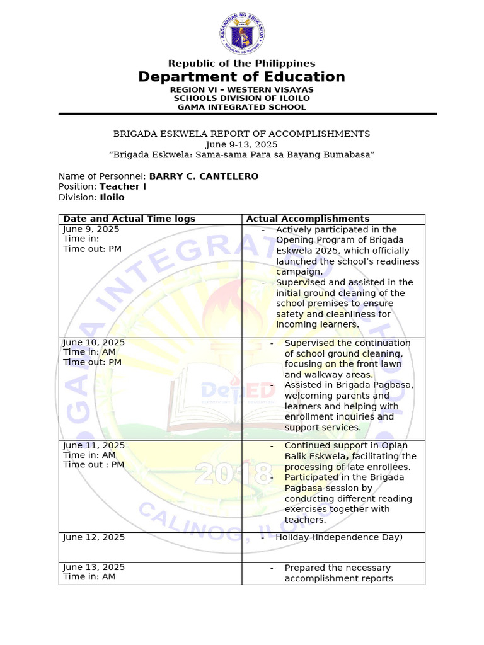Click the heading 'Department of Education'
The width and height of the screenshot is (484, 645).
(241, 77)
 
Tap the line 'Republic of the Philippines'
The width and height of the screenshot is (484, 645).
(241, 63)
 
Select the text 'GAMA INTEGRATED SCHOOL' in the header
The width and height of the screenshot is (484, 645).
(241, 107)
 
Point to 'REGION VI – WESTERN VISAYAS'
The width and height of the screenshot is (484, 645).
(241, 89)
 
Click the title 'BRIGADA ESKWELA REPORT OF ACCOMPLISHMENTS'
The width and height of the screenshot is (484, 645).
(241, 134)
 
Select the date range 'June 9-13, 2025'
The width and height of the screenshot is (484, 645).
(241, 144)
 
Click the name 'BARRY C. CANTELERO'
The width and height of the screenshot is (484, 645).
(204, 176)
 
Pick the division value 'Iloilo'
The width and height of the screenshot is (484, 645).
(112, 197)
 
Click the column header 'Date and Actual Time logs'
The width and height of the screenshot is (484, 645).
(129, 219)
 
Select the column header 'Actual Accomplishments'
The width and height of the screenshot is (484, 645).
(308, 219)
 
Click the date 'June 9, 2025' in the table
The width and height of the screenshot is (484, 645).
(91, 229)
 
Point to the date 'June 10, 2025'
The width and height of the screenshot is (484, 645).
(94, 343)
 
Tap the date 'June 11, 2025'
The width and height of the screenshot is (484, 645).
(94, 445)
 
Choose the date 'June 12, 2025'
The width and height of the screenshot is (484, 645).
(94, 537)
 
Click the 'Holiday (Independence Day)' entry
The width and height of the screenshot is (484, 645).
(339, 537)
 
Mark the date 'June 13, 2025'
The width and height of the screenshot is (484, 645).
(94, 568)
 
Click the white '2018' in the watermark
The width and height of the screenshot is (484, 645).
(233, 474)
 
